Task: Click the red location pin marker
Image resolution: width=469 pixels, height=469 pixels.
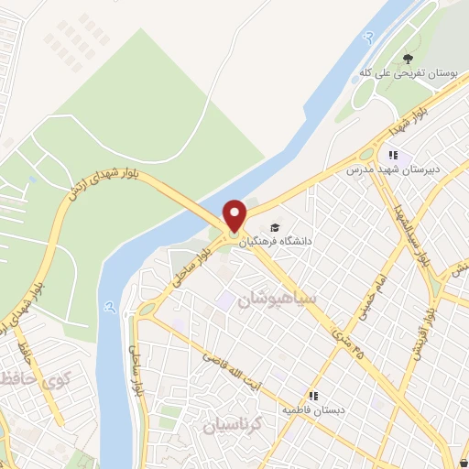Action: (235, 215)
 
